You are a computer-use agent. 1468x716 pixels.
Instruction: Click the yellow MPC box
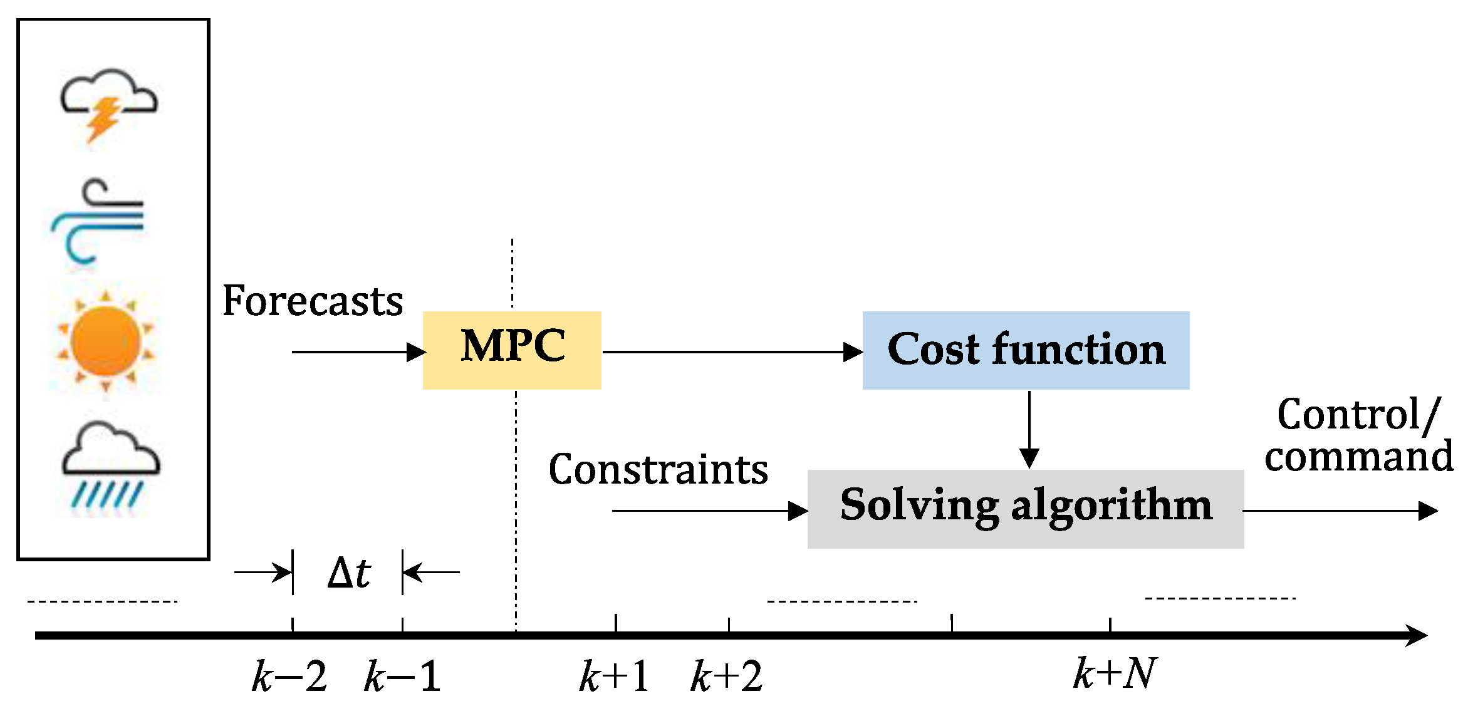coord(512,350)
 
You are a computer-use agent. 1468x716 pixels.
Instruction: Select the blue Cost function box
coord(1026,350)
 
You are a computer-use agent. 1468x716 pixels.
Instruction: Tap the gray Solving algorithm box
coord(1025,508)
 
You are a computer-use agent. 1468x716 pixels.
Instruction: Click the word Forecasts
coord(313,301)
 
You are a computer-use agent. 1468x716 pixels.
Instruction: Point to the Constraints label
coord(658,469)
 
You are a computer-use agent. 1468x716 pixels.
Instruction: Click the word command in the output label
coord(1358,456)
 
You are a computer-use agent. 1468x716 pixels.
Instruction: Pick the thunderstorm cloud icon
coord(108,104)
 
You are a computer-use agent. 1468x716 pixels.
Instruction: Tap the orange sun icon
coord(105,341)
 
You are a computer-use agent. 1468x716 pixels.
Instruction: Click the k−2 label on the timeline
coord(289,677)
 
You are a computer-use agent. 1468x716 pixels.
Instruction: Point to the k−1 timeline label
coord(402,677)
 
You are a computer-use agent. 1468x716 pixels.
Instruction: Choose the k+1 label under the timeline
coord(614,677)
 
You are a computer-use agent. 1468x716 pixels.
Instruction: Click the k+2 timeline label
coord(726,677)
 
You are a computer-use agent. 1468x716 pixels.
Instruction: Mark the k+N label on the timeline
coord(1114,674)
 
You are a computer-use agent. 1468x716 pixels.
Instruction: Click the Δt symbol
coord(349,573)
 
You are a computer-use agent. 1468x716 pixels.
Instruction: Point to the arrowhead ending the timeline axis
coord(1417,635)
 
